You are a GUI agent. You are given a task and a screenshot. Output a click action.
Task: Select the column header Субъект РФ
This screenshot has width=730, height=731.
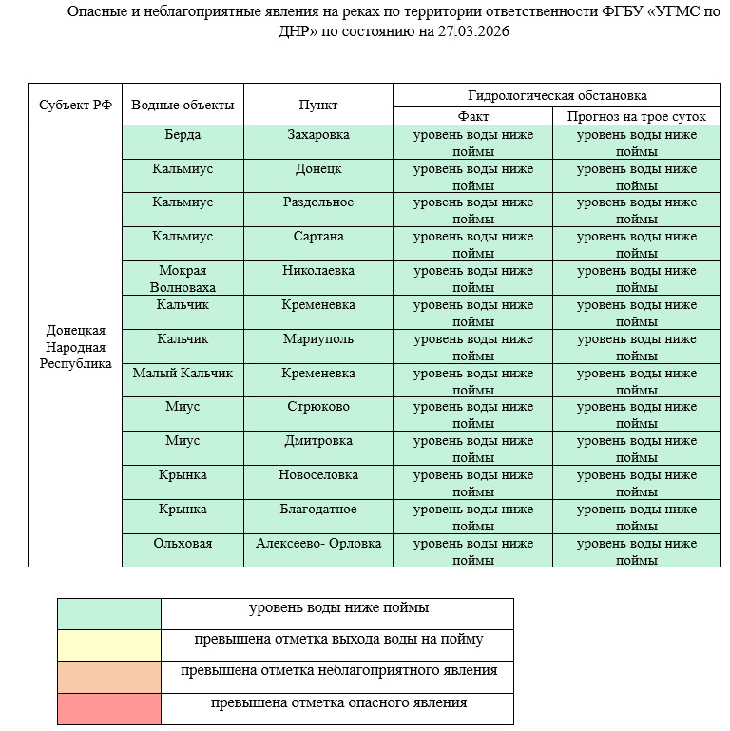pos(76,106)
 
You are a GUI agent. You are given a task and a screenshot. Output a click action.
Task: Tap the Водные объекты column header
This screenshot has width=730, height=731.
pos(182,106)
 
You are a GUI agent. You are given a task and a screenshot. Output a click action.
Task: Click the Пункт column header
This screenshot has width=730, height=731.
pos(317,106)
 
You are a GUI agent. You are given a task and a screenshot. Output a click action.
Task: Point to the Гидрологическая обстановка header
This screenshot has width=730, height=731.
pos(557,96)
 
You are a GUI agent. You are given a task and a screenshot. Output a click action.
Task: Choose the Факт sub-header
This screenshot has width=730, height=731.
pos(472,116)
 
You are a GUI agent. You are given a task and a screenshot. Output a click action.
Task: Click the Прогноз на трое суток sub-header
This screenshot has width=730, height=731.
pos(636,116)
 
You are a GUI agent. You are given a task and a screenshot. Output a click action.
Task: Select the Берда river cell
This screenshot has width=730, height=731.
pos(182,135)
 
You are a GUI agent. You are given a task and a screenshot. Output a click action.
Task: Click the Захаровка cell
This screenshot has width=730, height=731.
pos(317,135)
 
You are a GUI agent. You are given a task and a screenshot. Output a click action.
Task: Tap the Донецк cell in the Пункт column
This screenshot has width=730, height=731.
pos(317,169)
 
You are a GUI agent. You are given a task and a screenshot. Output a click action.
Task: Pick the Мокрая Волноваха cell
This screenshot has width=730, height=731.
pos(182,279)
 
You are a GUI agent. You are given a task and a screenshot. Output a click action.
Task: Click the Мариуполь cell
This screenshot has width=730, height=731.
pos(317,339)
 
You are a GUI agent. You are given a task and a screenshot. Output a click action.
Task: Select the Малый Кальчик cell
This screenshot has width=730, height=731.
pos(182,374)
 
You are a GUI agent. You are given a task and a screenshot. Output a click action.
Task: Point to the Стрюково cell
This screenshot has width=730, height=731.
pos(317,408)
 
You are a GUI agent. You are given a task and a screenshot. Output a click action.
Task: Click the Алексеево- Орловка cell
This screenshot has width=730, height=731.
pos(317,544)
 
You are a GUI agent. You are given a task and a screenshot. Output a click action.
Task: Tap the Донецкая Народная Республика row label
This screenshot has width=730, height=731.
pos(76,347)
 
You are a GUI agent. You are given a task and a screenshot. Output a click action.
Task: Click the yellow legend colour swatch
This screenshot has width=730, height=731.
pos(109,645)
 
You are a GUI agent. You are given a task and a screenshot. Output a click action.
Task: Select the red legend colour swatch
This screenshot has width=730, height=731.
pos(109,709)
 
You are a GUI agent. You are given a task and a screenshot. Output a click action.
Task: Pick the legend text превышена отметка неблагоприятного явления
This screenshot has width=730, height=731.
pos(338,671)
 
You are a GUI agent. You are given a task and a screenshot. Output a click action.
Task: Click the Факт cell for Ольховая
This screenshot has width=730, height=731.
pos(472,551)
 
